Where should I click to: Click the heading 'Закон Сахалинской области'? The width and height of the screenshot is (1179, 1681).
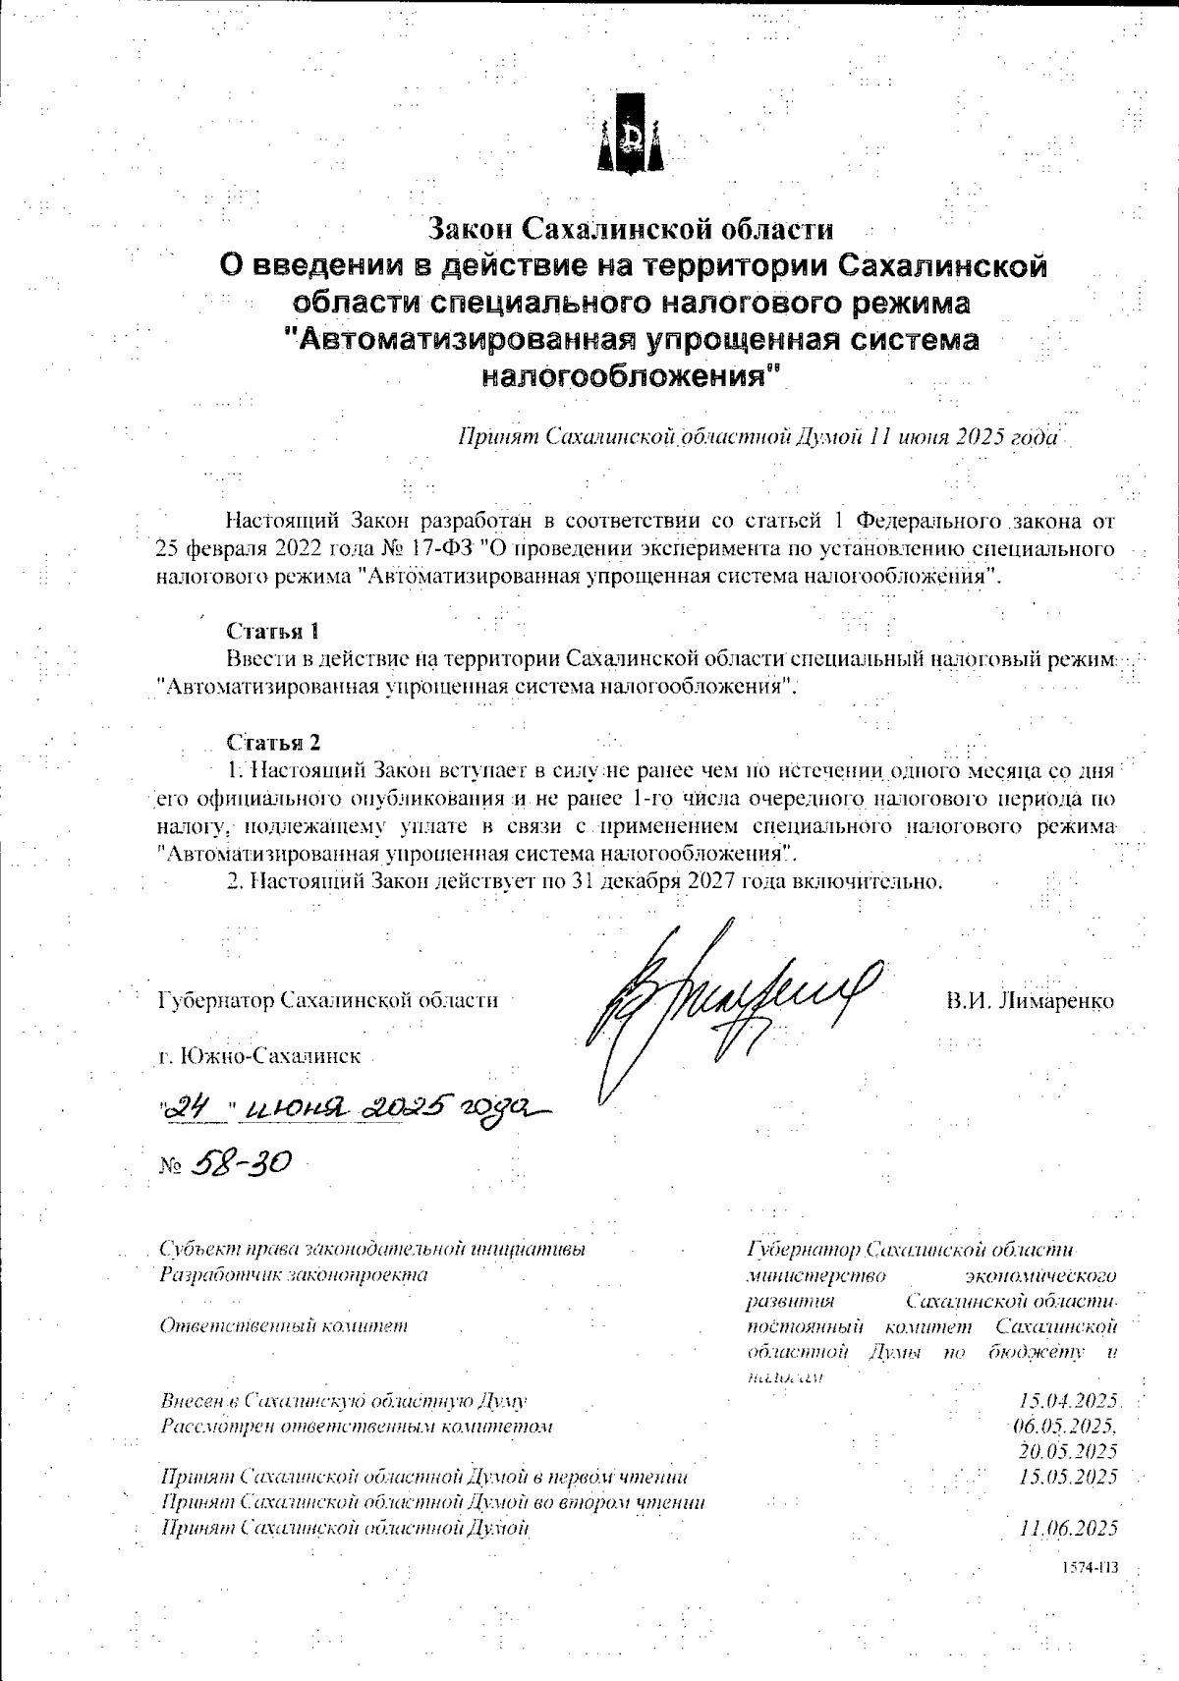[x=631, y=229]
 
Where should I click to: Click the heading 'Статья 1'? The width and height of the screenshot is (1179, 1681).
[x=273, y=630]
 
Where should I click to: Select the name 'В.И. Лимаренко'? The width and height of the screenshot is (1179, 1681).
[x=1031, y=1001]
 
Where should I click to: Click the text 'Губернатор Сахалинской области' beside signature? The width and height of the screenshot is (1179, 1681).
[x=327, y=1001]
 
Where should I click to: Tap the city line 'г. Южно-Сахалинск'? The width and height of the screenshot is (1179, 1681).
[x=259, y=1057]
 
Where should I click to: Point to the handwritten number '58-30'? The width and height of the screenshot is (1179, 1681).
[x=239, y=1162]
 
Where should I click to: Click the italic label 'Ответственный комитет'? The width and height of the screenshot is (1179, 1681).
[x=283, y=1325]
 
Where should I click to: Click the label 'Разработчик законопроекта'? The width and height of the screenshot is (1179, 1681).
[x=293, y=1275]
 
